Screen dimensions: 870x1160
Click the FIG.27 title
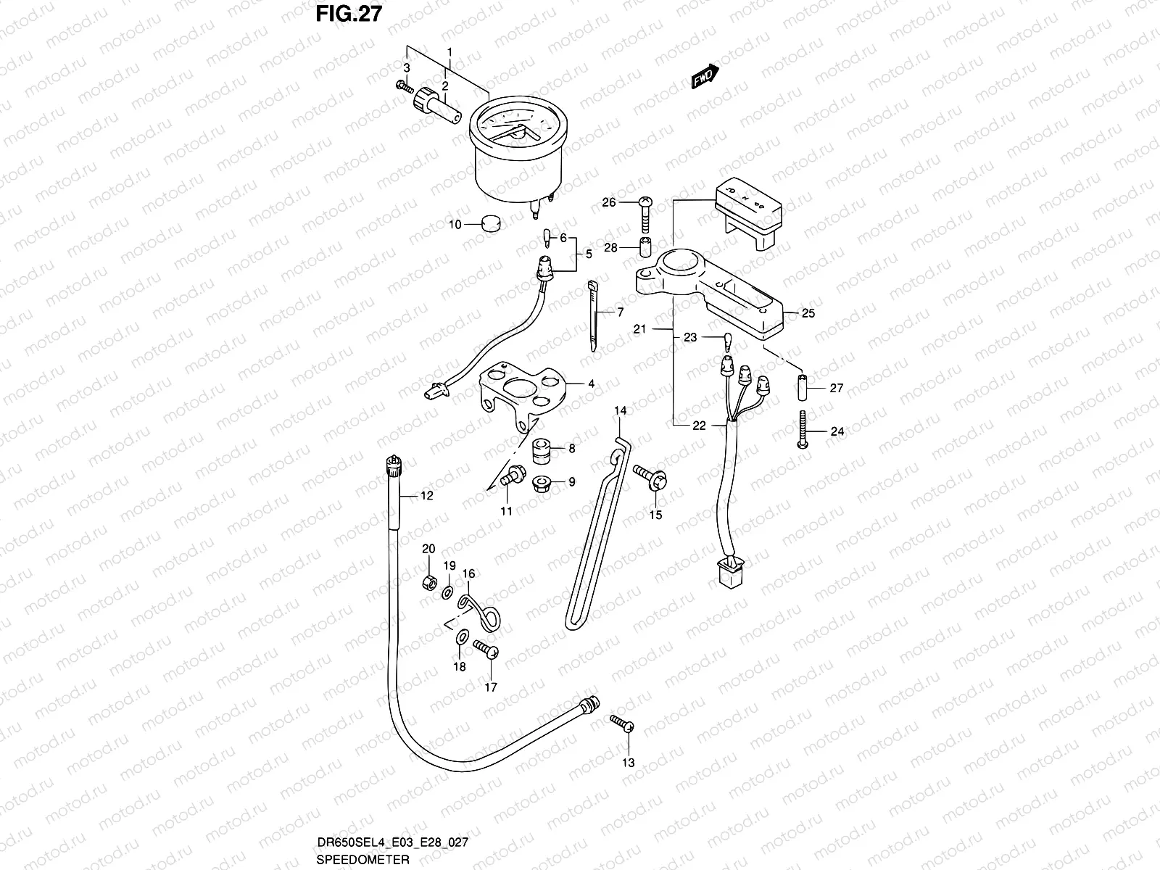[348, 14]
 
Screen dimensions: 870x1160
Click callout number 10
[455, 225]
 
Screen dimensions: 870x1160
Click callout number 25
[808, 313]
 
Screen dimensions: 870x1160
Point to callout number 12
[426, 496]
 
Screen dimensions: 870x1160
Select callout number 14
[621, 411]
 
